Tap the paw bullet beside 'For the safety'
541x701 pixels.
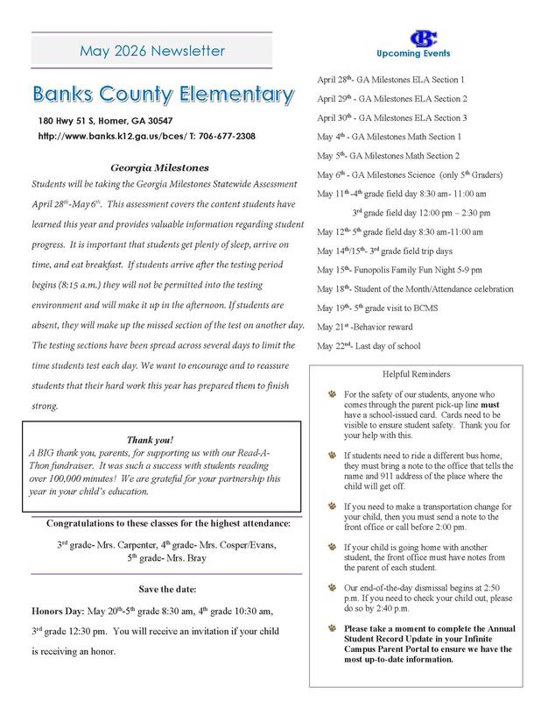tap(331, 395)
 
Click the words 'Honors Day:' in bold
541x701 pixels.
tap(58, 609)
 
